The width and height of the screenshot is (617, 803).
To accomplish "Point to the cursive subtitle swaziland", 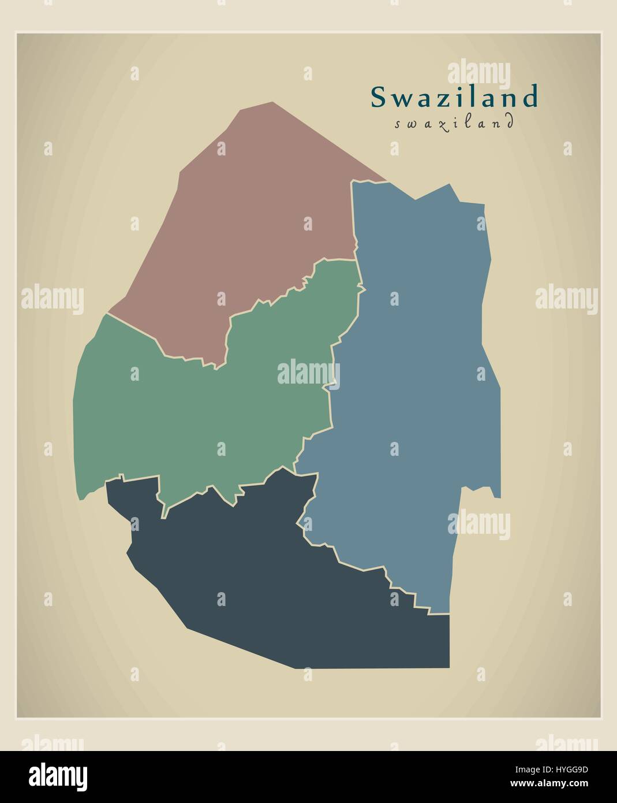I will [x=454, y=123].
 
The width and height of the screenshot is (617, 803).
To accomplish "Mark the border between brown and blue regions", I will [x=353, y=220].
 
